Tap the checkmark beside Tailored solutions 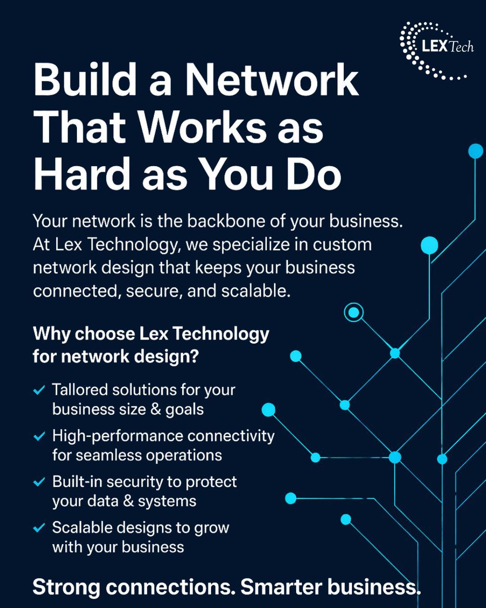pos(38,391)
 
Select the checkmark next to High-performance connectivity pos(38,436)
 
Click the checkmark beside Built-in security pos(38,482)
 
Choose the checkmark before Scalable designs pos(38,528)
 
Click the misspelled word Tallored pos(80,390)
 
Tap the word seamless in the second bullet pos(104,454)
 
